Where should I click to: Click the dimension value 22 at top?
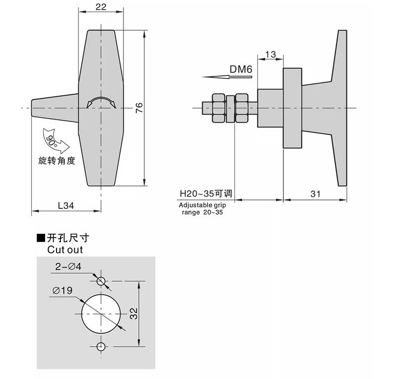101,7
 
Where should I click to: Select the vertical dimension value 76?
139,108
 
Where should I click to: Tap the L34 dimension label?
66,205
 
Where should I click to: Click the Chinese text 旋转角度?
57,161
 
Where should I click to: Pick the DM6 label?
241,69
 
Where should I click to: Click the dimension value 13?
270,54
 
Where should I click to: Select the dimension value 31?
315,194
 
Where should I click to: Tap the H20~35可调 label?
206,193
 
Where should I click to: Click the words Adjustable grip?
202,205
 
